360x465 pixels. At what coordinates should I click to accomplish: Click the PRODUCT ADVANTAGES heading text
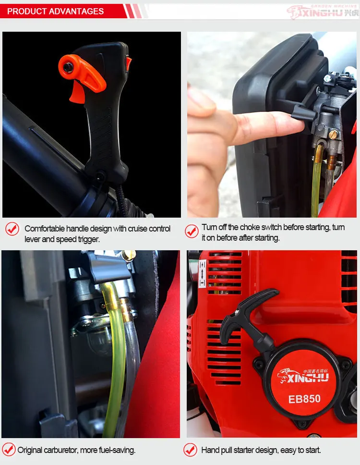pos(55,11)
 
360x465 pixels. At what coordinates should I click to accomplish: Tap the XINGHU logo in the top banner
pos(322,12)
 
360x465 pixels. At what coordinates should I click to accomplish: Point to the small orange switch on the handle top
pos(128,63)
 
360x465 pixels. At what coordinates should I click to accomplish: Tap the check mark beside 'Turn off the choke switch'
pos(192,231)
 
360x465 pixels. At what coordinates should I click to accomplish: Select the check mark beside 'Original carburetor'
pos(9,450)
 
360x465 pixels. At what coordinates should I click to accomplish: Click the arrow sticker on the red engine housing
pos(202,273)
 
